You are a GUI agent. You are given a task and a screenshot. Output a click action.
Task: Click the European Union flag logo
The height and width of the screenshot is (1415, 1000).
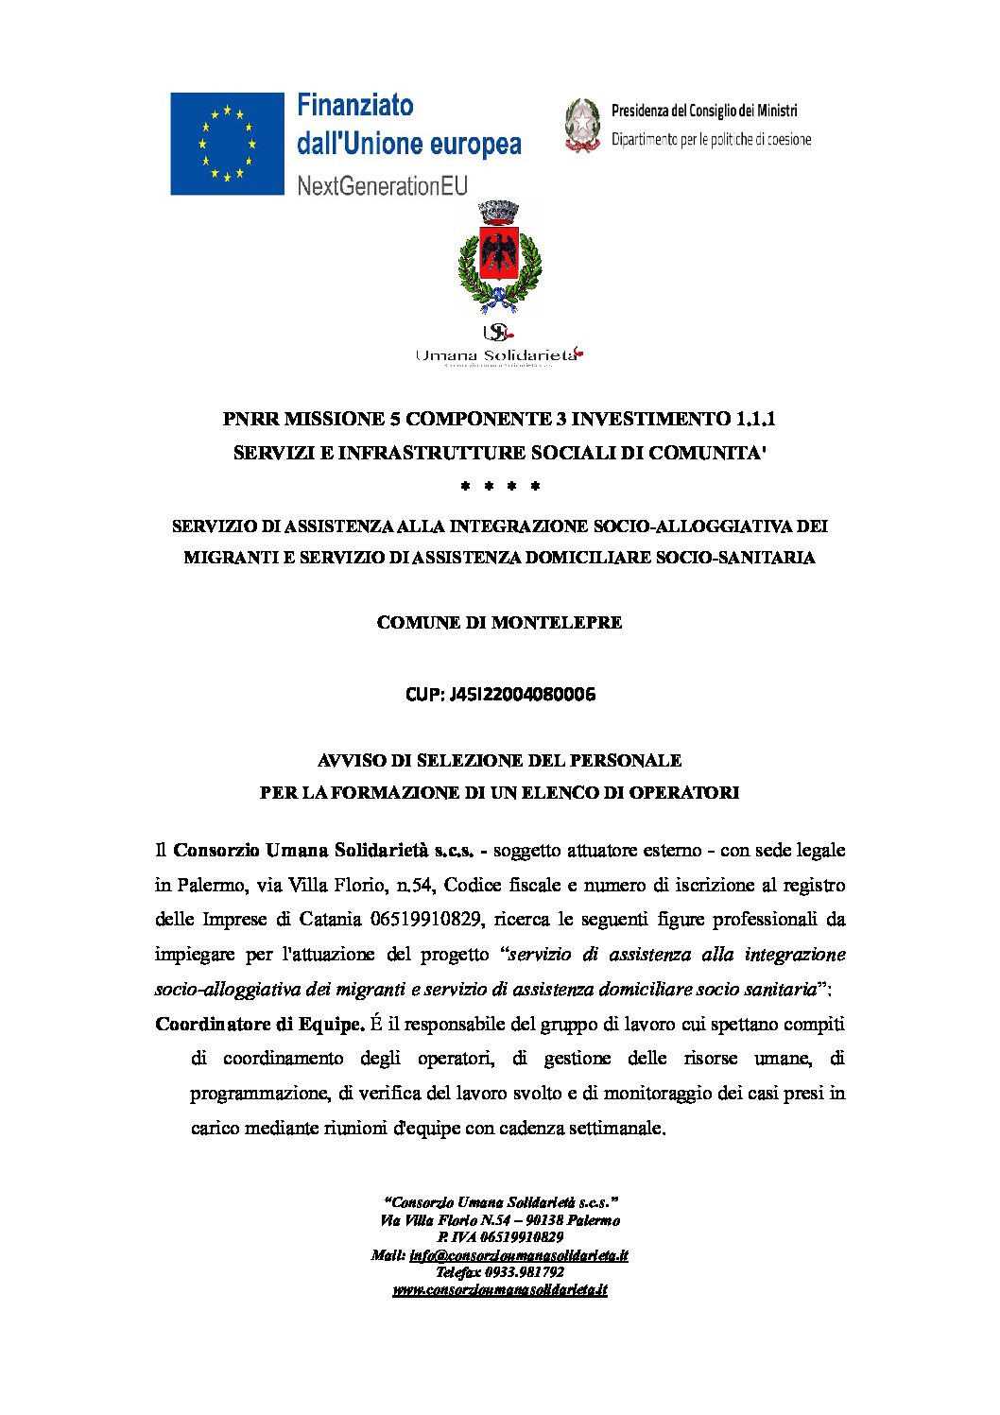pos(227,144)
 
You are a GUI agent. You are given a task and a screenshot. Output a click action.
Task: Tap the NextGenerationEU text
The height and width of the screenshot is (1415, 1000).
pos(382,185)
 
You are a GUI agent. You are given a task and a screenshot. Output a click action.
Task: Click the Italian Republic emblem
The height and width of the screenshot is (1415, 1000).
pos(582,125)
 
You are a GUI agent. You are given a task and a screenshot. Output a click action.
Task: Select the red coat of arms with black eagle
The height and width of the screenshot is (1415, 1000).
pos(499,253)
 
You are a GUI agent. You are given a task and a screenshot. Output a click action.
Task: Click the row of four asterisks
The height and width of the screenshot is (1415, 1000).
pos(499,488)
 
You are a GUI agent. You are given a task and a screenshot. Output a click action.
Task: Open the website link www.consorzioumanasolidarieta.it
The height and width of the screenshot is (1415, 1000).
pos(500,1289)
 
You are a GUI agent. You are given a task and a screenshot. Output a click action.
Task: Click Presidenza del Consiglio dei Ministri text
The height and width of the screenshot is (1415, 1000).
pos(704,111)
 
